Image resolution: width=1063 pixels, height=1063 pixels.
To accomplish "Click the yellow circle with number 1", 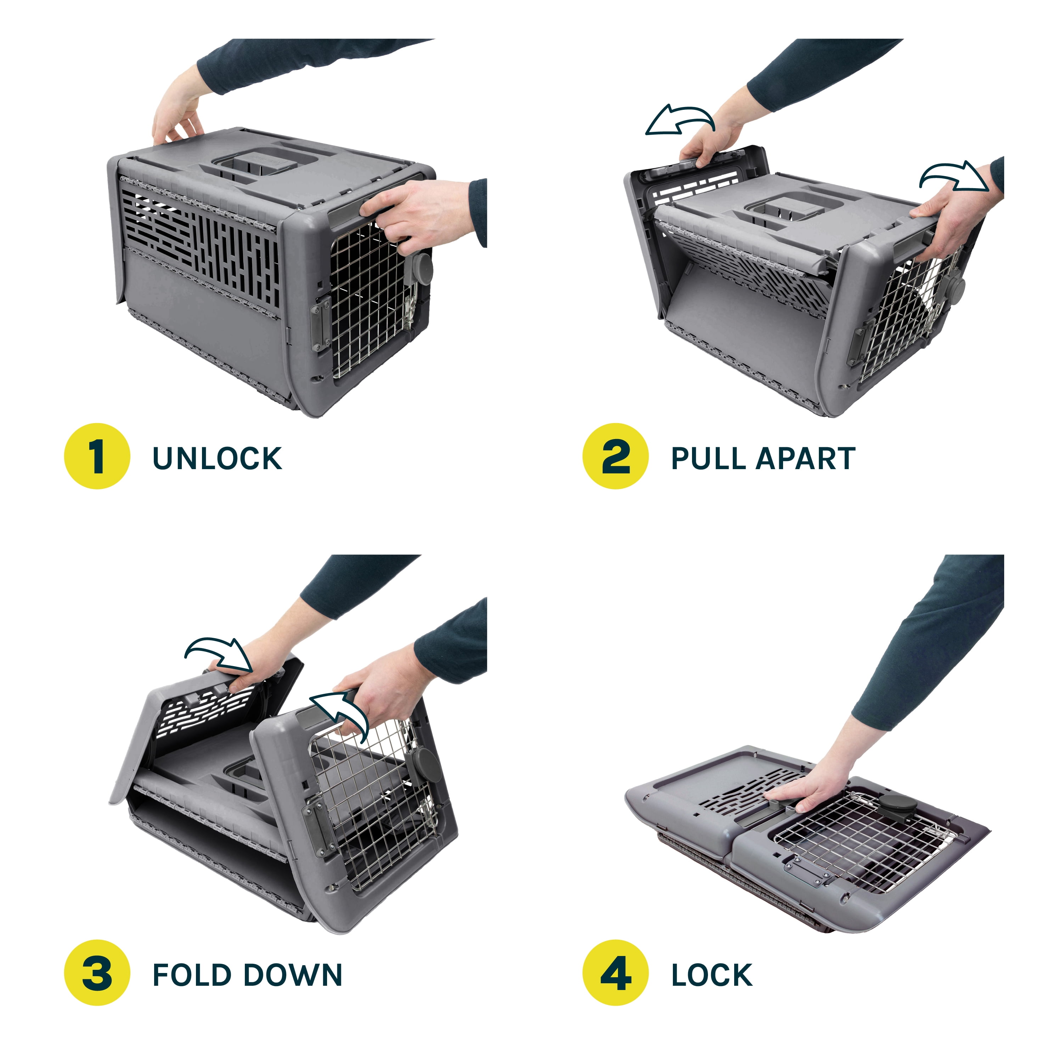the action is point(97,456).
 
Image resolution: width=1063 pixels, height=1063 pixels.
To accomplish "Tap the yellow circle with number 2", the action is point(616,456).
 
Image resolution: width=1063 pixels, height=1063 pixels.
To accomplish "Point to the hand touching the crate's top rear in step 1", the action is point(179,113).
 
